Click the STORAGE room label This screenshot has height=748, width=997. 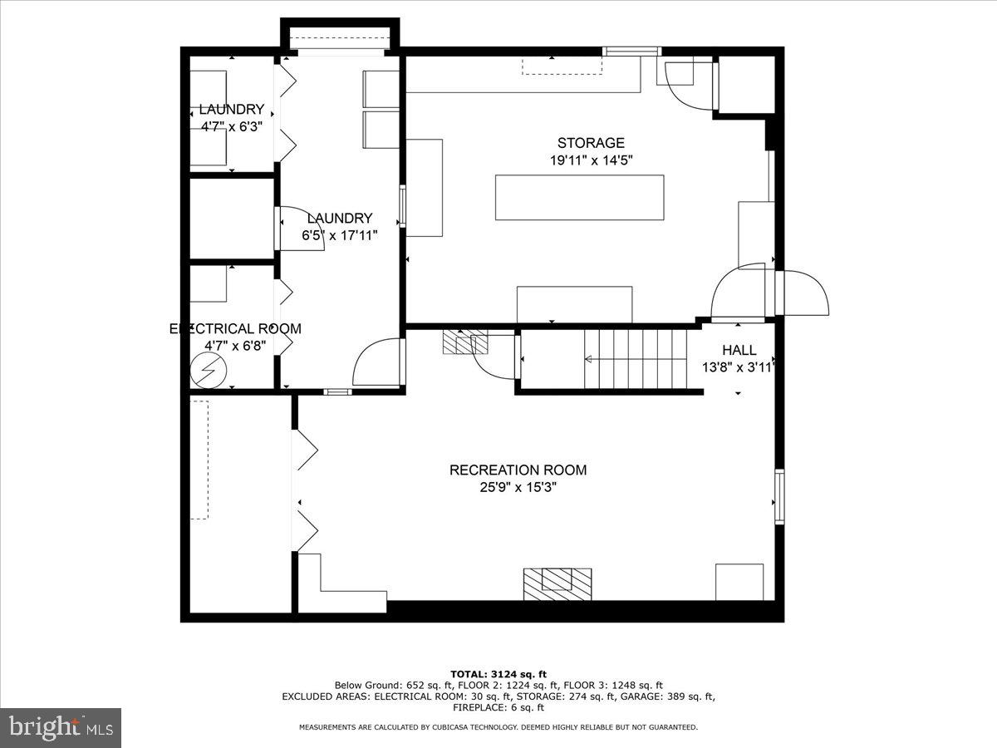tap(591, 143)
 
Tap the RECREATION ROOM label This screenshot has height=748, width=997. tap(518, 470)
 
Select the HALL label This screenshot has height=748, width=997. tap(739, 350)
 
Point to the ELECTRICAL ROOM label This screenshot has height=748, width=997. tap(235, 329)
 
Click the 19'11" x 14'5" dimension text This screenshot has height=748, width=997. tap(591, 160)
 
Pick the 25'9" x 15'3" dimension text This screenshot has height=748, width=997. tap(518, 487)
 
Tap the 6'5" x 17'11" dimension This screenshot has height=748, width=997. tap(340, 236)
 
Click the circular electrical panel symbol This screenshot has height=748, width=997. tap(208, 371)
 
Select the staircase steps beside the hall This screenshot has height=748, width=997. tap(635, 359)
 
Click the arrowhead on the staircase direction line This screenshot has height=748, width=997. tap(587, 360)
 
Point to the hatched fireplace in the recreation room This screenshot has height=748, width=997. tap(557, 584)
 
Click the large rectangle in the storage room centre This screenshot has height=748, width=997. tap(580, 198)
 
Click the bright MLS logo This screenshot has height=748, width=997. tap(61, 727)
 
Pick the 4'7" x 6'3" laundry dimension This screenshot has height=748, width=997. tap(232, 126)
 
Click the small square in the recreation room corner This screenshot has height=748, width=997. tap(739, 583)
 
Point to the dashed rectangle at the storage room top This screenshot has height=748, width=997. tap(562, 66)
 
